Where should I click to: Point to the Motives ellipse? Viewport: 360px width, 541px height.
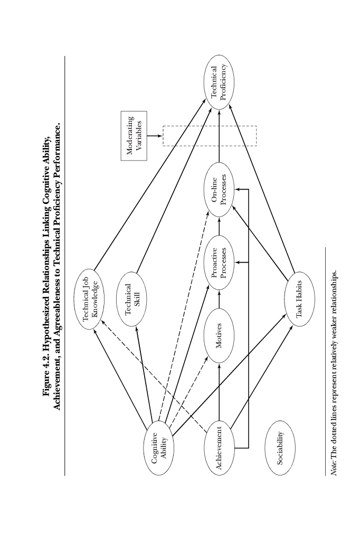point(219,335)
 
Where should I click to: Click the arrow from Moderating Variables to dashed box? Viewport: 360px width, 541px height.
point(155,136)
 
